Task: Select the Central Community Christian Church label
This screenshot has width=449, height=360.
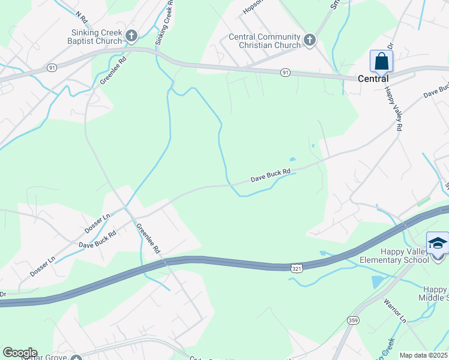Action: coord(264,41)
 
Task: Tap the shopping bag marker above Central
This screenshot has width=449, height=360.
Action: coord(381,61)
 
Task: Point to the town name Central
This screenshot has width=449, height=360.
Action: coord(373,79)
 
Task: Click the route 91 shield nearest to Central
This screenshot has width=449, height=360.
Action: coord(286,72)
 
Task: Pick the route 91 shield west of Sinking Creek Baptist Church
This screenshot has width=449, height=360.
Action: coord(53,68)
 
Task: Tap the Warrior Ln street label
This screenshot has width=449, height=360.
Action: coord(395,311)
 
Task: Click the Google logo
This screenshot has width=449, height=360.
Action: coord(19,353)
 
